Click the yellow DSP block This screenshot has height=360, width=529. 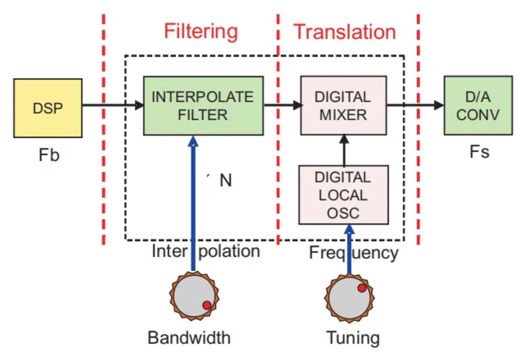pyautogui.click(x=48, y=108)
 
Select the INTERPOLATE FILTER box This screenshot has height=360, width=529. pyautogui.click(x=203, y=105)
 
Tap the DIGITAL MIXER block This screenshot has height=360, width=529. pyautogui.click(x=343, y=105)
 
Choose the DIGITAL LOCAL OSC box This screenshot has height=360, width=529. pyautogui.click(x=343, y=195)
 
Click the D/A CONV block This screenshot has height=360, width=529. pyautogui.click(x=478, y=105)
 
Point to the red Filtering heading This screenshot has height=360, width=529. pyautogui.click(x=201, y=32)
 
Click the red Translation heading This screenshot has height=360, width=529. pyautogui.click(x=345, y=32)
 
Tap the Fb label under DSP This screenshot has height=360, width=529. pyautogui.click(x=49, y=155)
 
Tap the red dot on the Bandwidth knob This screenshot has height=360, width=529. pyautogui.click(x=207, y=305)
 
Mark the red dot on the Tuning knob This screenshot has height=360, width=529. pyautogui.click(x=362, y=288)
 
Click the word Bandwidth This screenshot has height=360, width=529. pyautogui.click(x=189, y=337)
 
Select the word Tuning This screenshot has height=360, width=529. pyautogui.click(x=353, y=338)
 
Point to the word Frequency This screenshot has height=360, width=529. pyautogui.click(x=354, y=253)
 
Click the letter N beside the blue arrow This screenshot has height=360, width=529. pyautogui.click(x=226, y=181)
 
